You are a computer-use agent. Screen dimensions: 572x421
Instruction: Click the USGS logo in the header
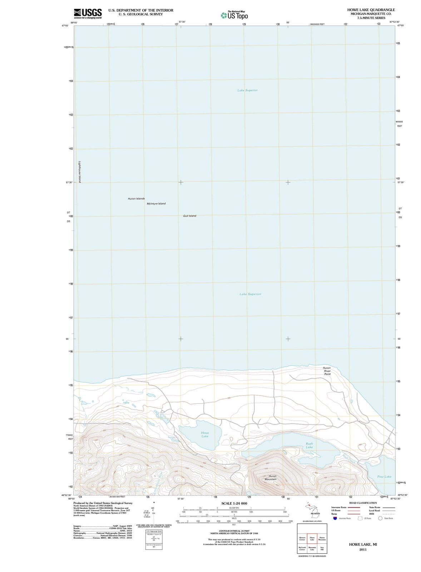click(x=88, y=13)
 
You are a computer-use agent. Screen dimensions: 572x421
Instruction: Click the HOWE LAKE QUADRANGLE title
click(x=371, y=10)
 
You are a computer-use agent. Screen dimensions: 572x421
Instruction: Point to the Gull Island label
click(x=189, y=216)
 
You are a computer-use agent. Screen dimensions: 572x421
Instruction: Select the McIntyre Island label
click(x=156, y=204)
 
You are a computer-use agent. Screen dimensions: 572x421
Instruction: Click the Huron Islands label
click(x=136, y=198)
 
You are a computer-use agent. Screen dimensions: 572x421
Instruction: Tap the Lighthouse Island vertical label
click(x=79, y=172)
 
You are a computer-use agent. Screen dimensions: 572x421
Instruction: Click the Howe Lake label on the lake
click(x=205, y=434)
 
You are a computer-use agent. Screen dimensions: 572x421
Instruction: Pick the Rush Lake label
click(x=309, y=445)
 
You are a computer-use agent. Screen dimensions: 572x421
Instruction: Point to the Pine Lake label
click(x=384, y=477)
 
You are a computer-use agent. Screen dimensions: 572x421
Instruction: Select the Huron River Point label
click(x=327, y=371)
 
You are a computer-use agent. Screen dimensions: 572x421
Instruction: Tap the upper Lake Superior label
click(x=247, y=90)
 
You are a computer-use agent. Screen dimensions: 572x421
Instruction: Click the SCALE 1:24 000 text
click(x=234, y=503)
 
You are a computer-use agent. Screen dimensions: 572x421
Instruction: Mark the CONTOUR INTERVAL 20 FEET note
click(x=234, y=532)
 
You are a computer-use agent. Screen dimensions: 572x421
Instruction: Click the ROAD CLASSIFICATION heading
click(x=363, y=503)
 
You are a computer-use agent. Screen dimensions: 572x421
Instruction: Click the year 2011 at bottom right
click(x=363, y=549)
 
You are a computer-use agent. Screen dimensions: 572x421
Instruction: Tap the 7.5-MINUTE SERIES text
click(x=371, y=18)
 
